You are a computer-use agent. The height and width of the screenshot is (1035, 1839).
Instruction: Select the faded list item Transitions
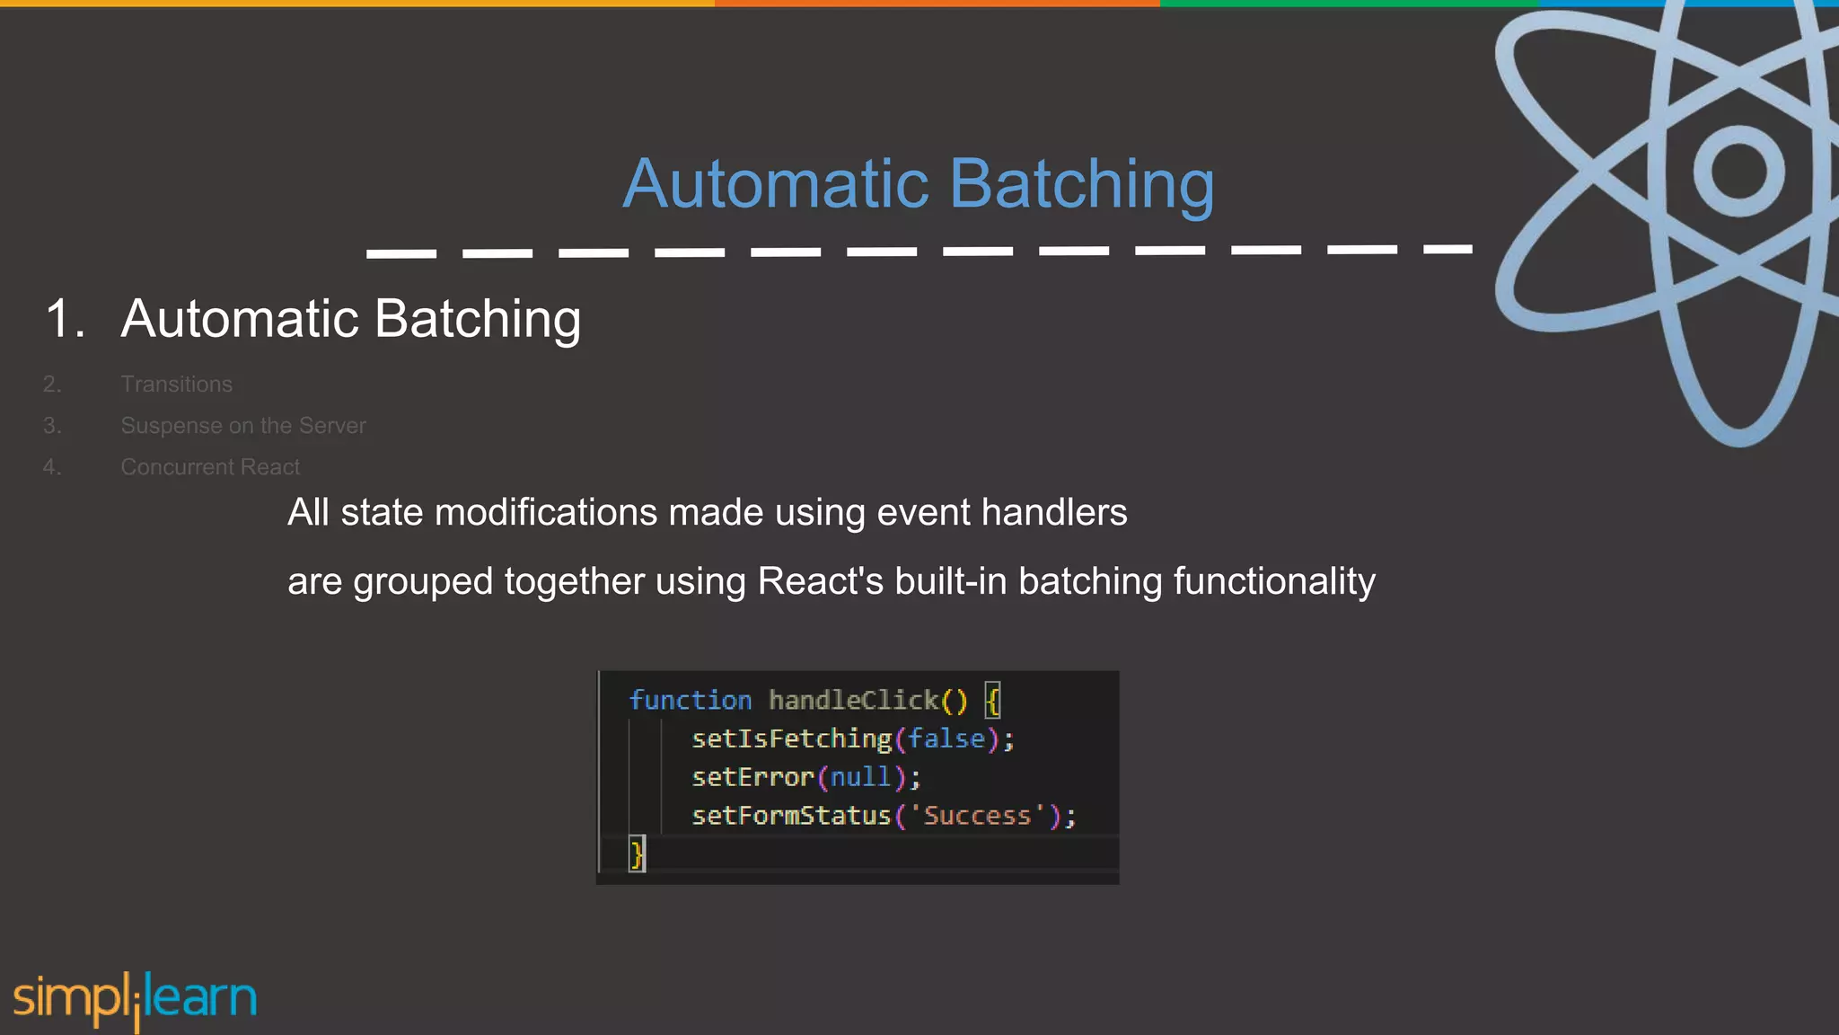[176, 385]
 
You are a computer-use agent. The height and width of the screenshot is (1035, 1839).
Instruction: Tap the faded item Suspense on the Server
[242, 426]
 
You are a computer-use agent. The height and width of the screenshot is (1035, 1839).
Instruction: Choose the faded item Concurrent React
[210, 467]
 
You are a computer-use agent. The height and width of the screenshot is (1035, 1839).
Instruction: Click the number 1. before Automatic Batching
[65, 319]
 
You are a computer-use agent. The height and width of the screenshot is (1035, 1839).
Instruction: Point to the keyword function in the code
[690, 700]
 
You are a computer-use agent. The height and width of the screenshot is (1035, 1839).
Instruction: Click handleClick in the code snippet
[853, 700]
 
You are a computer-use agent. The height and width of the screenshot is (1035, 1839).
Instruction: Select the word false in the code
[946, 739]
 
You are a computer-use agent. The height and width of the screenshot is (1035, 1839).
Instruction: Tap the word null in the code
[860, 777]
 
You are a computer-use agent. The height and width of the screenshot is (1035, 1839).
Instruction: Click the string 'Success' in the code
[977, 816]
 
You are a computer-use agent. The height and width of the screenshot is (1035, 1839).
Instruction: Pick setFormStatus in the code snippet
[790, 816]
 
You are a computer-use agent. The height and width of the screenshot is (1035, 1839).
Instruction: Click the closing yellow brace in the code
[637, 854]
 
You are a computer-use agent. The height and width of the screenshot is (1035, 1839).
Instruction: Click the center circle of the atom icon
[1738, 171]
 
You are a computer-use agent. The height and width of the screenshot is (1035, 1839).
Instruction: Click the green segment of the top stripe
[1347, 4]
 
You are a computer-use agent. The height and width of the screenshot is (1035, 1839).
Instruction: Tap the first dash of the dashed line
[401, 254]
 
